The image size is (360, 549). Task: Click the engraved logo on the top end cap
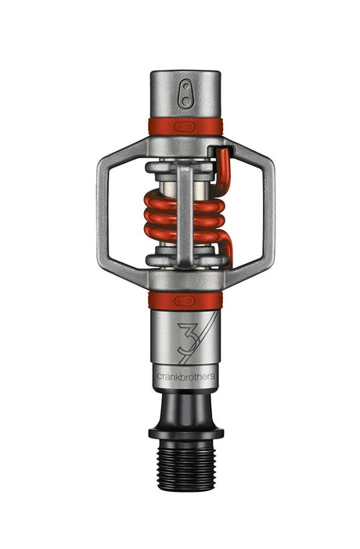[x=185, y=94]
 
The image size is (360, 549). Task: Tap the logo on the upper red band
[x=185, y=126]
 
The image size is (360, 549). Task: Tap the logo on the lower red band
[x=185, y=299]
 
